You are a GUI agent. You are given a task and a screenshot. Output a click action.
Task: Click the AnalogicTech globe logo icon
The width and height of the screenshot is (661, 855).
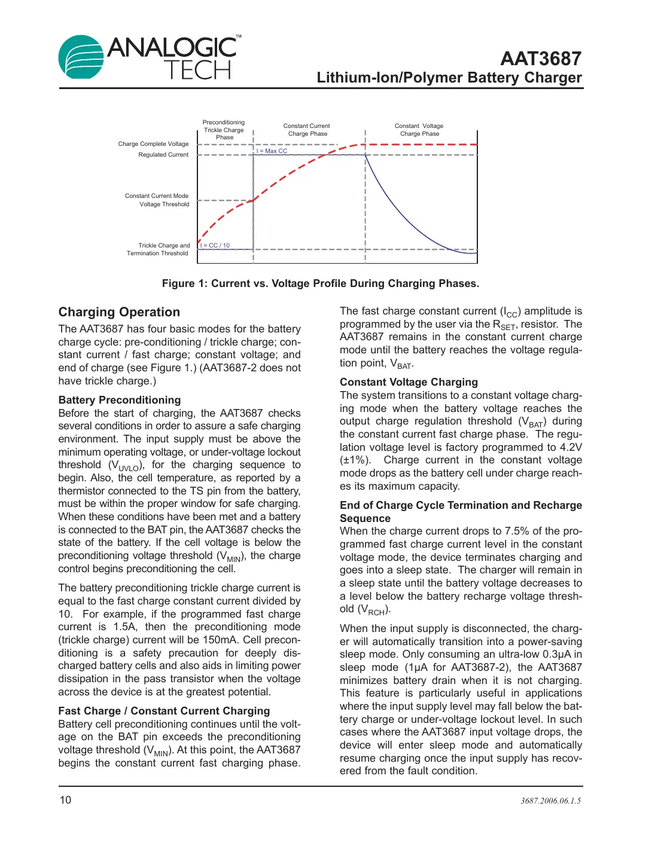point(81,57)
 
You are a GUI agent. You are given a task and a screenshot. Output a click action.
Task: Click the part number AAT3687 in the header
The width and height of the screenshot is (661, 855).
point(540,59)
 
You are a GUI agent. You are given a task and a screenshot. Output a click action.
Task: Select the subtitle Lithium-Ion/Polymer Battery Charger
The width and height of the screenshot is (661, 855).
point(449,78)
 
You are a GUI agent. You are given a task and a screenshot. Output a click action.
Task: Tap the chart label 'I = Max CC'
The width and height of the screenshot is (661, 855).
point(273,151)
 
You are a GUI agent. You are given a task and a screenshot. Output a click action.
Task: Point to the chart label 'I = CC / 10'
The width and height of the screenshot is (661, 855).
point(215,246)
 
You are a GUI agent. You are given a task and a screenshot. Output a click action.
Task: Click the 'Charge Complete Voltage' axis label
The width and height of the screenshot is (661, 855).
point(153,144)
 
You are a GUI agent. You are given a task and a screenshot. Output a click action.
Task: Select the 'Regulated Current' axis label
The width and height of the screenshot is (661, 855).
point(163,155)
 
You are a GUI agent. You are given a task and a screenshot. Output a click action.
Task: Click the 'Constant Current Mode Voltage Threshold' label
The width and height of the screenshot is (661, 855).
point(157,200)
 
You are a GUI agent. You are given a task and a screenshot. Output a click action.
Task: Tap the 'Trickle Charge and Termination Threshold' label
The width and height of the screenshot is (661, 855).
point(159,249)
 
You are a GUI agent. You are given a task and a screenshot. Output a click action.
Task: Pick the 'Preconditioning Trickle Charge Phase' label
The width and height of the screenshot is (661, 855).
point(224,130)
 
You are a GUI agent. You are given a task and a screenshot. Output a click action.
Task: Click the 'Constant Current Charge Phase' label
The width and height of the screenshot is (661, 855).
point(307,130)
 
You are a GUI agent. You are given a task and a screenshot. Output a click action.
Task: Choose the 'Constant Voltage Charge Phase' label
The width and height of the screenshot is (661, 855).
point(419,130)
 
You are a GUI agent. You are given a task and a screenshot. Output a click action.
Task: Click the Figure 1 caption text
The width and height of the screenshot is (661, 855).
point(321,283)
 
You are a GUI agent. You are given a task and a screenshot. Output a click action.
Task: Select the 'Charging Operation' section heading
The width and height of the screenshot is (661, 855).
point(119,312)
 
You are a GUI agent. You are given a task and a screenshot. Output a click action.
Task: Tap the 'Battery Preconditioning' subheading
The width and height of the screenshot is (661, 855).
point(120,400)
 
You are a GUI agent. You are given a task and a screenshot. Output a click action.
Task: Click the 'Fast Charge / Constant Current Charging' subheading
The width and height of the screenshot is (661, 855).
point(164,711)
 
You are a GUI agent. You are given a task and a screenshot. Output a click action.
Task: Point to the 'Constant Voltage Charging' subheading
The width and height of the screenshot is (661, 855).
point(409,382)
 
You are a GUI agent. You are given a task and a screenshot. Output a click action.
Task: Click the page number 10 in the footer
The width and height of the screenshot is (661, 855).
point(65,800)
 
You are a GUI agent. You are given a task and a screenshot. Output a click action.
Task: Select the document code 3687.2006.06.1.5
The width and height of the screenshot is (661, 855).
point(550,801)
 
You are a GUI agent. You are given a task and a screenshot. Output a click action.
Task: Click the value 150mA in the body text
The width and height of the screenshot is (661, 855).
point(220,640)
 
